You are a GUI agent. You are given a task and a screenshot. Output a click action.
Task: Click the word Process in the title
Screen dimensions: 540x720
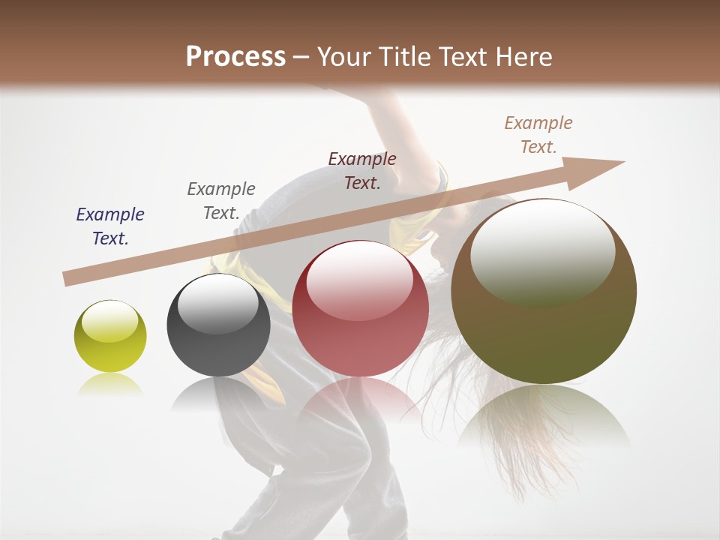click(x=235, y=57)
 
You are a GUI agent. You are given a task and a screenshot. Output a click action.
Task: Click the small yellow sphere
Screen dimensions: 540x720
click(x=110, y=336)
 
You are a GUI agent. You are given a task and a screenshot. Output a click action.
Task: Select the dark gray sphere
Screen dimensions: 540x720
click(x=218, y=325)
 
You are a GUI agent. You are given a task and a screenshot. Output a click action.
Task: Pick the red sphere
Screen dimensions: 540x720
click(x=360, y=308)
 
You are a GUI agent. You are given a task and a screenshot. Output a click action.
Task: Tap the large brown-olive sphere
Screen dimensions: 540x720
click(x=544, y=291)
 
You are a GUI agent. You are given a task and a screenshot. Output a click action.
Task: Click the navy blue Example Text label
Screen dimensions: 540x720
click(x=110, y=226)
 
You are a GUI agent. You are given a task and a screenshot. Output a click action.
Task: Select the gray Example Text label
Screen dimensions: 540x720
click(x=221, y=201)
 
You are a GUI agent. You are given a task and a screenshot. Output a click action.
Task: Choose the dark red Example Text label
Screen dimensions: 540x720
click(x=362, y=170)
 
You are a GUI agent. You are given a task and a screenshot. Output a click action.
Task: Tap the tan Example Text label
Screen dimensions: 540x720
click(x=538, y=135)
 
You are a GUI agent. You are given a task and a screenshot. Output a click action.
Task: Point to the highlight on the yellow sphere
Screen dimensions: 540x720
click(x=110, y=321)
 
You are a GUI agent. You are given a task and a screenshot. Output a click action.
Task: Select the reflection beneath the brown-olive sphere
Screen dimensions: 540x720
click(x=543, y=416)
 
